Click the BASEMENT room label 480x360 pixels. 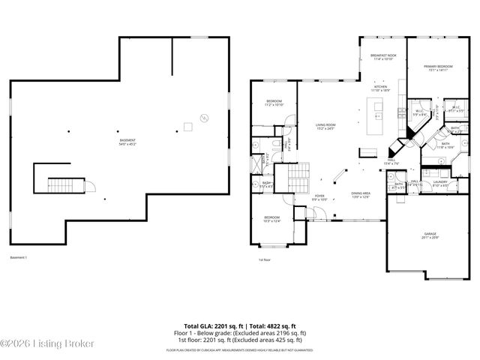click(127, 142)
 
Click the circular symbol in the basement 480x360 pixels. click(202, 116)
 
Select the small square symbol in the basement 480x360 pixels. click(187, 128)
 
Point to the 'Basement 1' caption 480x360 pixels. click(18, 258)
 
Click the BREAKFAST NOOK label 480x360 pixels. click(382, 56)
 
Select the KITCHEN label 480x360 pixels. click(380, 88)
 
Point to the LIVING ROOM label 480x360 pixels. click(325, 127)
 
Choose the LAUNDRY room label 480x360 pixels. click(439, 183)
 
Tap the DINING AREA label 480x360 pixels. click(361, 195)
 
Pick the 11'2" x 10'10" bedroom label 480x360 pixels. click(273, 103)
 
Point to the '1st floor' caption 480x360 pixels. click(265, 260)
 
